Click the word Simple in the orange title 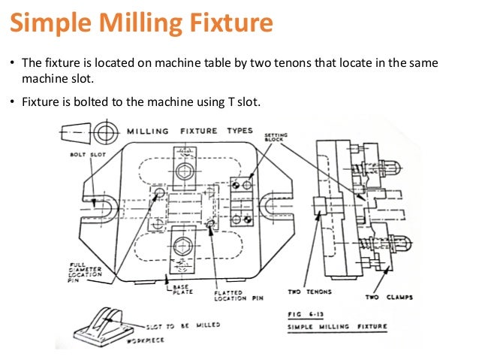click(50, 24)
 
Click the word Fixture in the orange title click(224, 24)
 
